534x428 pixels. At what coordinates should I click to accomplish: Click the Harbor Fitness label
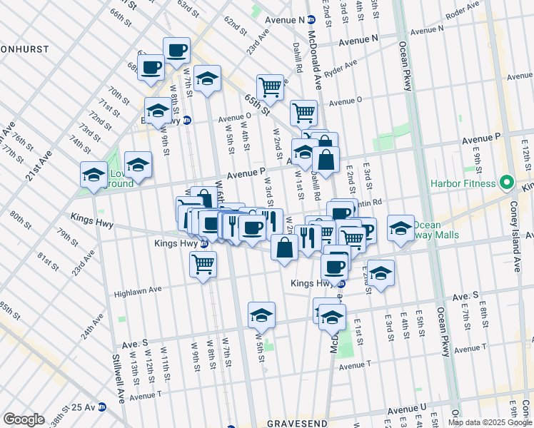pos(463,183)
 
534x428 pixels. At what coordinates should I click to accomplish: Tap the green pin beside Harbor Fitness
pos(508,183)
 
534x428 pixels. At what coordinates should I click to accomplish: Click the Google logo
pos(24,419)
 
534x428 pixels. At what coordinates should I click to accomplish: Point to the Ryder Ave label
pos(340,68)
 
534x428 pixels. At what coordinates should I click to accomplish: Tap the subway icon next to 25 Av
pos(102,407)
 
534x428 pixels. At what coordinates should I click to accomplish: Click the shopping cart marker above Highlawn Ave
pos(203,264)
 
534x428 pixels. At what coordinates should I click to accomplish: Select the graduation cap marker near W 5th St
pos(262,315)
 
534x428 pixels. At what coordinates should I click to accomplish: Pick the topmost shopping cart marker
pos(270,87)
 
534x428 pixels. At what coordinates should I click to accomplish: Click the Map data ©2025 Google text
pos(489,422)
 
